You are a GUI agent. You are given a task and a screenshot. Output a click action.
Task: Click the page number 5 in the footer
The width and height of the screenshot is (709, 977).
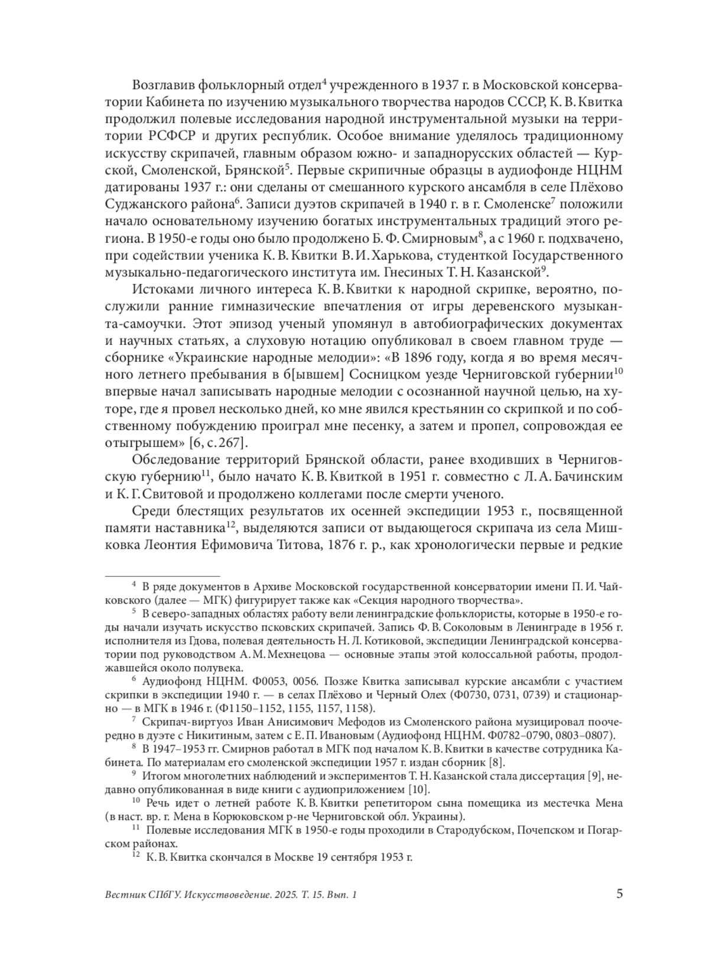point(619,893)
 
